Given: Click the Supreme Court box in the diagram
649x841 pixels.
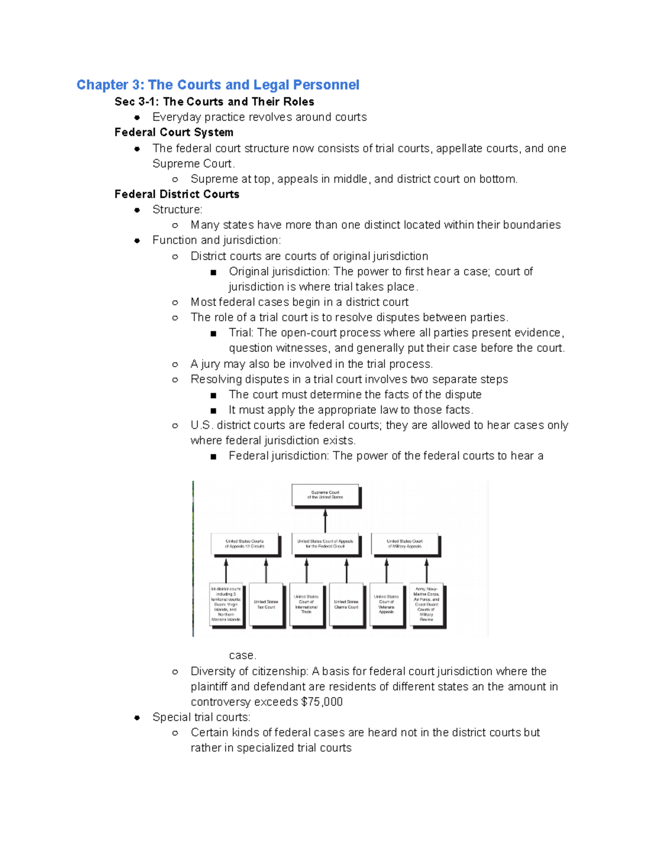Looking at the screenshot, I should click(326, 495).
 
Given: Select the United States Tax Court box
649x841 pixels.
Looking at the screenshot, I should click(266, 604).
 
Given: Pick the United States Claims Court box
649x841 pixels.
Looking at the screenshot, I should click(346, 604).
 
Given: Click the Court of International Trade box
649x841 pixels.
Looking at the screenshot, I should click(306, 604).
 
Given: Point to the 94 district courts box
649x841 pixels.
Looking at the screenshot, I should click(226, 604).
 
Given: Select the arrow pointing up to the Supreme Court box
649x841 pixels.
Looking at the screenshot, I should click(325, 521).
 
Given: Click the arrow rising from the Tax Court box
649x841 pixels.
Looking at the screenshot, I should click(266, 571).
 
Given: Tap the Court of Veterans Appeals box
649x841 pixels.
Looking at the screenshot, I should click(386, 604).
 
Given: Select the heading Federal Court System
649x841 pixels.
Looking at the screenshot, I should click(174, 133).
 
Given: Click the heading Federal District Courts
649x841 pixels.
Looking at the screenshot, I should click(177, 194).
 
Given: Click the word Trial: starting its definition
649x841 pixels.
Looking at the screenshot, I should click(241, 333).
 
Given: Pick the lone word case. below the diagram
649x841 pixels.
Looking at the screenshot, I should click(242, 656).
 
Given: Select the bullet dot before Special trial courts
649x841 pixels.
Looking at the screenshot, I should click(137, 718).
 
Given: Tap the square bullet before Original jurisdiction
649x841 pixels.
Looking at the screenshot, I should click(214, 272).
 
